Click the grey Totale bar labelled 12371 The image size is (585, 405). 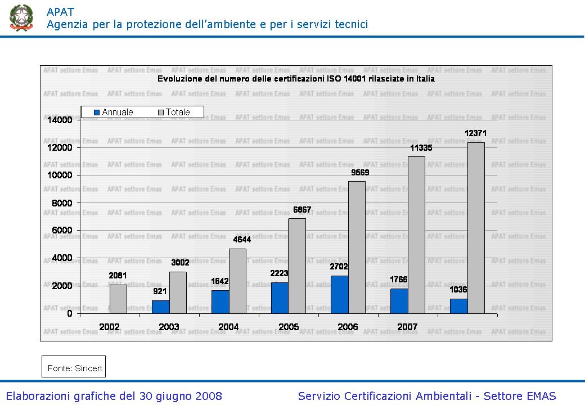(476, 228)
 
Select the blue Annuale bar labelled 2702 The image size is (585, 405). (339, 295)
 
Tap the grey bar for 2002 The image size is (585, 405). (118, 299)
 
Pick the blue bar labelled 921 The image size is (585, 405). (160, 307)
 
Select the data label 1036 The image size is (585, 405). (458, 290)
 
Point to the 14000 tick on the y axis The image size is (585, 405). (60, 120)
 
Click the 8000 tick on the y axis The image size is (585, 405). (62, 203)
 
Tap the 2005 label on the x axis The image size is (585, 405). (288, 327)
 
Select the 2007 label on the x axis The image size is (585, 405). (407, 327)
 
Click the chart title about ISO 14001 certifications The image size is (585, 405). (296, 79)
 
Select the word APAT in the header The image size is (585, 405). (60, 11)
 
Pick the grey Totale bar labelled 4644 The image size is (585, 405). (237, 281)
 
